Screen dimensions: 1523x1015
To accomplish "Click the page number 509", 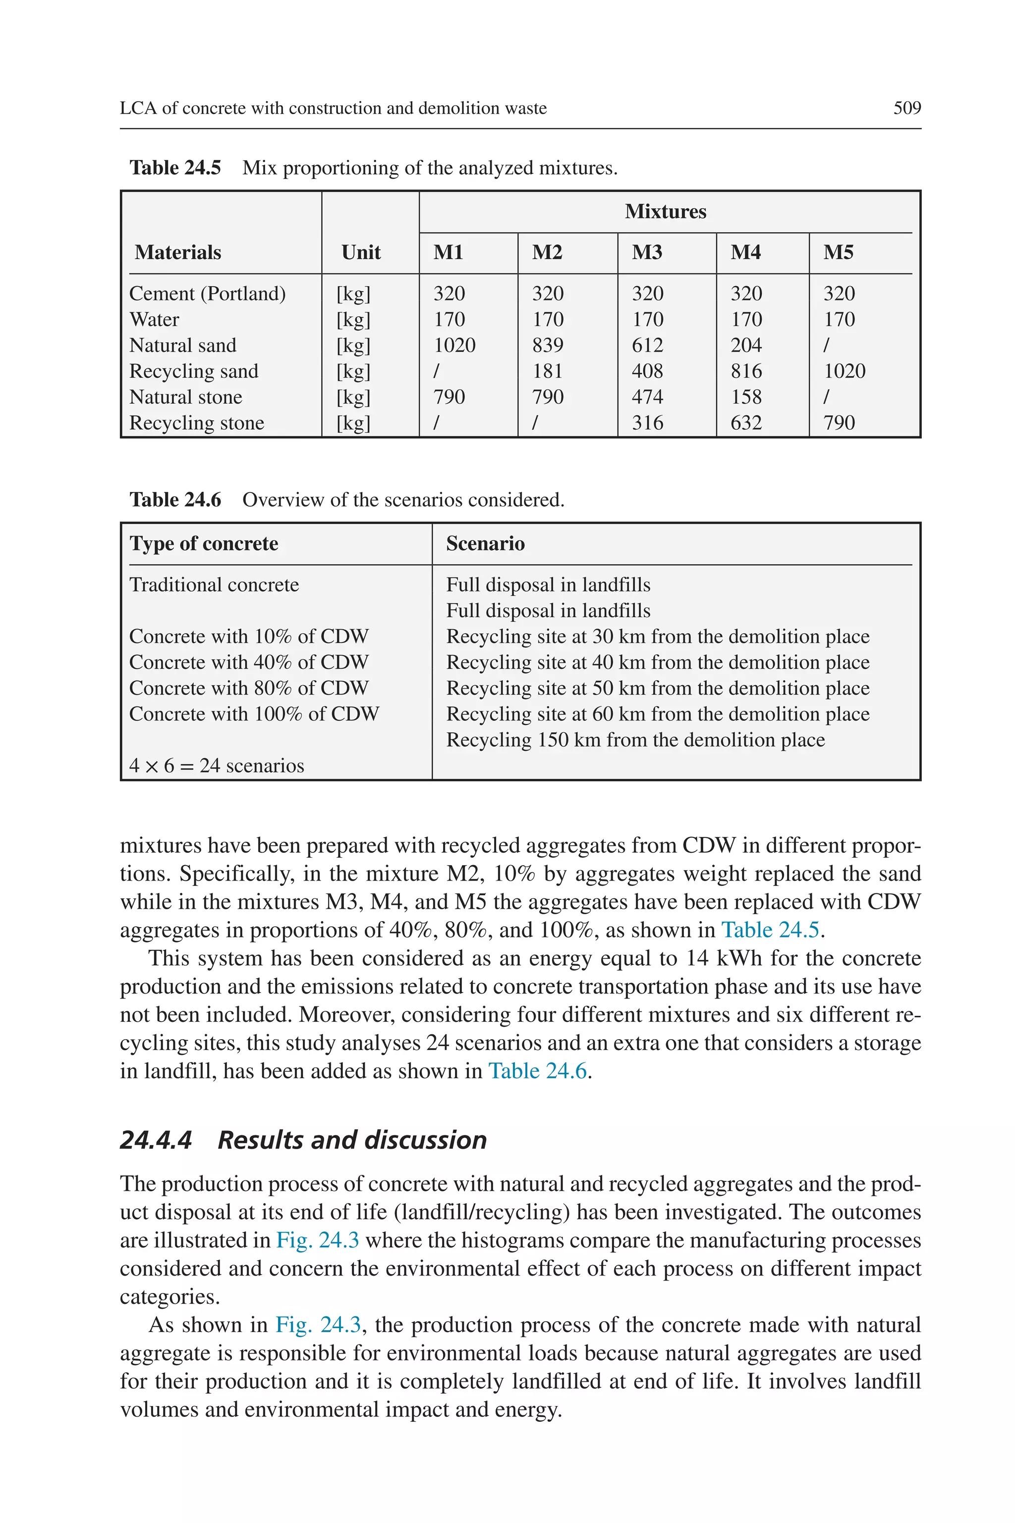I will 906,108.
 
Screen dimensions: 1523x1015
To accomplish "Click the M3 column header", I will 647,252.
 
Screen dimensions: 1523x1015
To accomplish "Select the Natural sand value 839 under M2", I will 548,345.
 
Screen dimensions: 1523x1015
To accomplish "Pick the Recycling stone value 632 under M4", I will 746,423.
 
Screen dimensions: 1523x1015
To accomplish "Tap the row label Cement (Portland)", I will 207,293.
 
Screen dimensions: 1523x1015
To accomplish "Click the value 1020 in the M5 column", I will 844,371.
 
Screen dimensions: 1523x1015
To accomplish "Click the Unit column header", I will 361,252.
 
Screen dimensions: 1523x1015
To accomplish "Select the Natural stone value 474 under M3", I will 647,397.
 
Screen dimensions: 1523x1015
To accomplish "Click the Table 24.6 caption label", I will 175,499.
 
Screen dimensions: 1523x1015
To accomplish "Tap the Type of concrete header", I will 204,543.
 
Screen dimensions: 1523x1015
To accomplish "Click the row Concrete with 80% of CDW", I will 249,688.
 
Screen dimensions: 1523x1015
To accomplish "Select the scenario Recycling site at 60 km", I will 657,713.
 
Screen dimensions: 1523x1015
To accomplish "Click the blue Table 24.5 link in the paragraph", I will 770,930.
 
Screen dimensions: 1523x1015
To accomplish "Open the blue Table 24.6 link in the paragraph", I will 537,1070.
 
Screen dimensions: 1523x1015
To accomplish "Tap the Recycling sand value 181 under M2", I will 548,371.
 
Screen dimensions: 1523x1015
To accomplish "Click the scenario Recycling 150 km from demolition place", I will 635,740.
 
